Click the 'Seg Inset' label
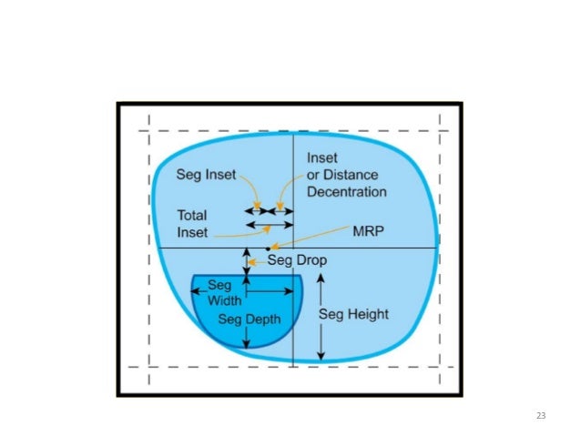pos(205,176)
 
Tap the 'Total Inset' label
pos(192,224)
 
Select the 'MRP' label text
pos(367,230)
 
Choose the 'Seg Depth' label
pos(250,319)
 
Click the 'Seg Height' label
pos(355,315)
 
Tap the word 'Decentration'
pos(346,192)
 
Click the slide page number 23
pos(540,416)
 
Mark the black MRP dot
pos(267,248)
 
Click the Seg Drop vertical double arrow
pos(246,262)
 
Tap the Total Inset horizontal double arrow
pos(270,224)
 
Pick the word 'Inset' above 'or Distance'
pos(322,157)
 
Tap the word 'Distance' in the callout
pos(352,175)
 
